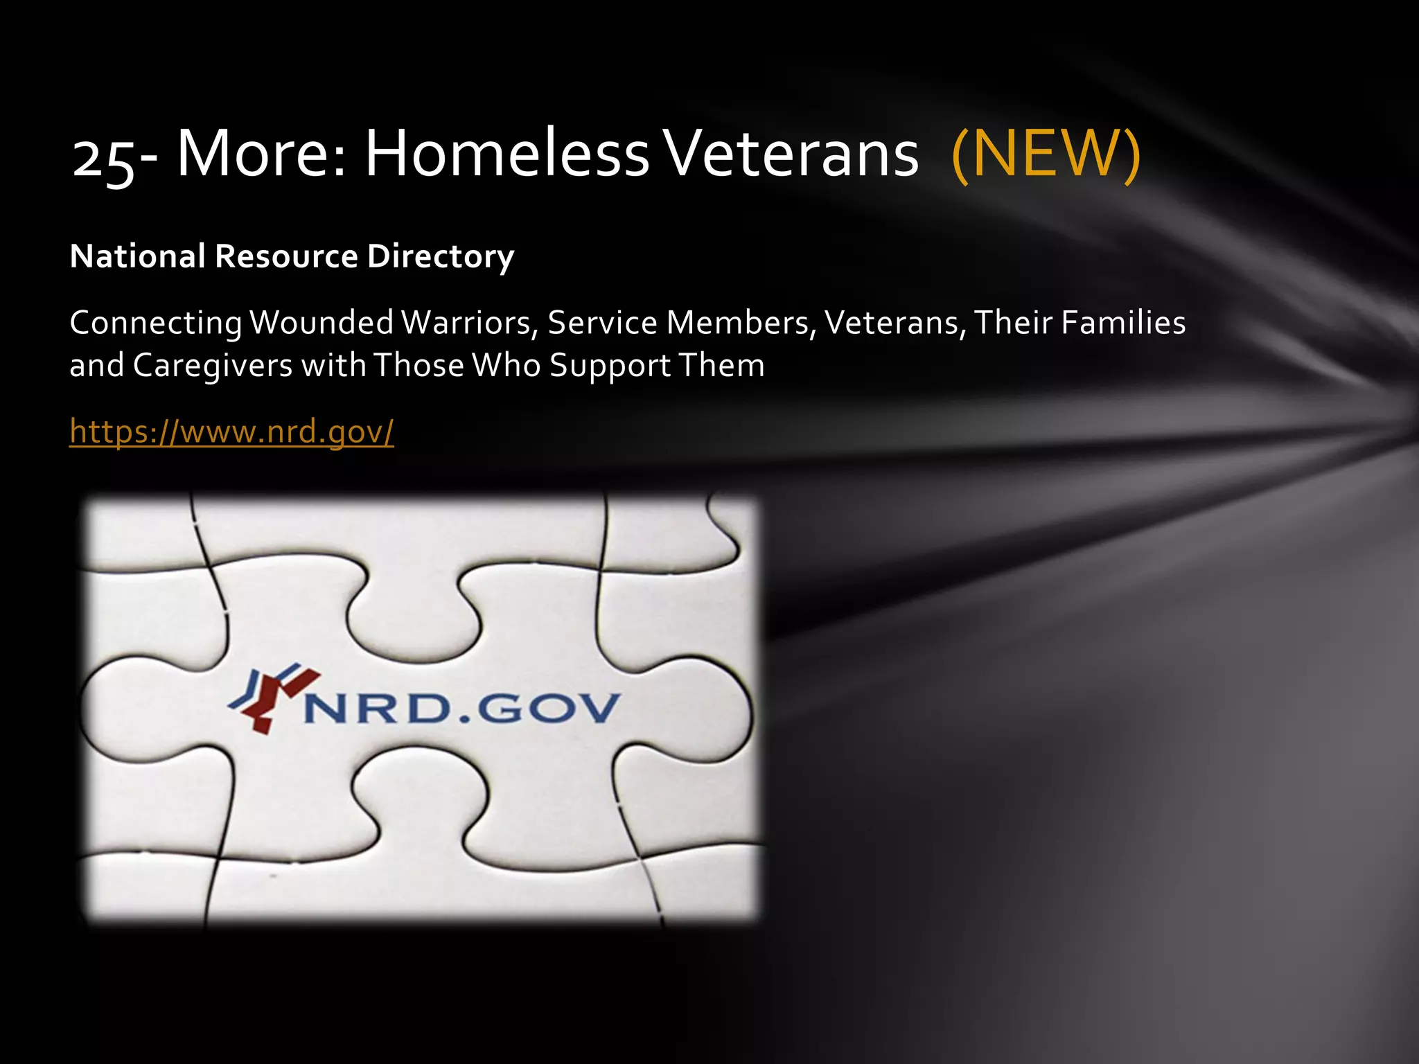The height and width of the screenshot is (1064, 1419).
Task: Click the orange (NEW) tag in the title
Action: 1046,154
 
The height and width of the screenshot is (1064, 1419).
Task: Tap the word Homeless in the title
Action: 506,154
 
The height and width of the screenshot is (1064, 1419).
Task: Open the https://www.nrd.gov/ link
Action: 231,432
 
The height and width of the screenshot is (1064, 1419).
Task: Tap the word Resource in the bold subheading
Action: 286,256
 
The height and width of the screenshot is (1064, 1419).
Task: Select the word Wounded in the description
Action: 321,323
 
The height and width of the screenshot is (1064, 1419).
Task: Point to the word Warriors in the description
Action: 470,323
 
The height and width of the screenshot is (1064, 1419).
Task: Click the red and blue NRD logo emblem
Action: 273,697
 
